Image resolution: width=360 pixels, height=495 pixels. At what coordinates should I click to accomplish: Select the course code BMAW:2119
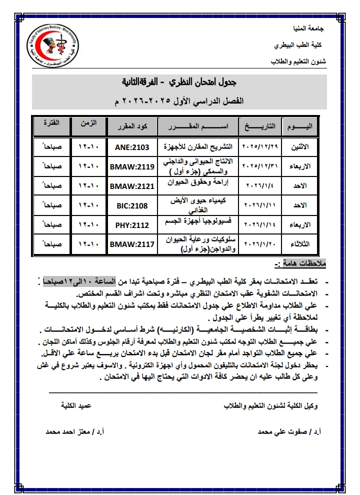131,166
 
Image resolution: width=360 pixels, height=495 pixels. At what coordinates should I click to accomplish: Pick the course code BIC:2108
131,205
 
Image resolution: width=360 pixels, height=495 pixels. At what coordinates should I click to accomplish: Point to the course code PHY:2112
131,225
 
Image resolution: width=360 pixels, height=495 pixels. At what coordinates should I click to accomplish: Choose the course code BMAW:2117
131,244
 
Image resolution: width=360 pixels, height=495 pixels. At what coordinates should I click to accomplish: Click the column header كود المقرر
131,126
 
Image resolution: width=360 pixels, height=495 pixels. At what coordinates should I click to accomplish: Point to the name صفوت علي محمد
281,430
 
